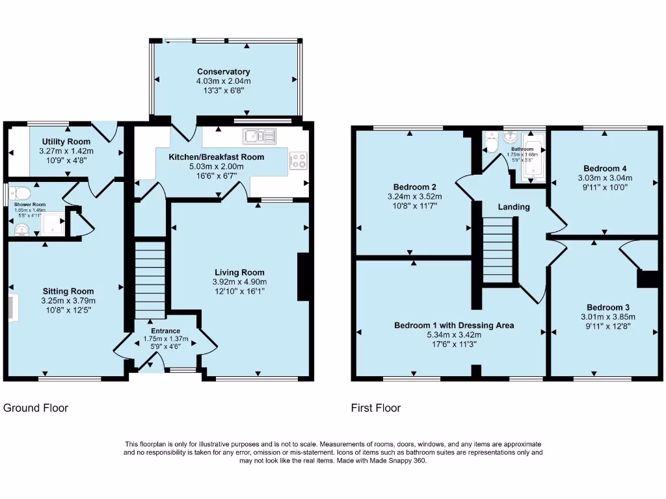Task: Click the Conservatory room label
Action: click(x=224, y=71)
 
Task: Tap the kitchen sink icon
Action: click(x=260, y=136)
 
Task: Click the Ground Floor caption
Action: click(x=36, y=408)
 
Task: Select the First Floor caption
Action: click(x=376, y=408)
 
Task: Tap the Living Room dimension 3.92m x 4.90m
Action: click(x=240, y=282)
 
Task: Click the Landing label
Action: click(x=514, y=207)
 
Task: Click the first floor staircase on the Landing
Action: click(x=499, y=250)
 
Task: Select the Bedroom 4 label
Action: click(x=605, y=167)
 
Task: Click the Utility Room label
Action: click(x=66, y=142)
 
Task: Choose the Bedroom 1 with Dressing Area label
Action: click(x=454, y=325)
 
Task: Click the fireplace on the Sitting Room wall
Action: click(x=12, y=307)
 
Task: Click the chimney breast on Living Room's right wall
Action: click(x=303, y=277)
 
